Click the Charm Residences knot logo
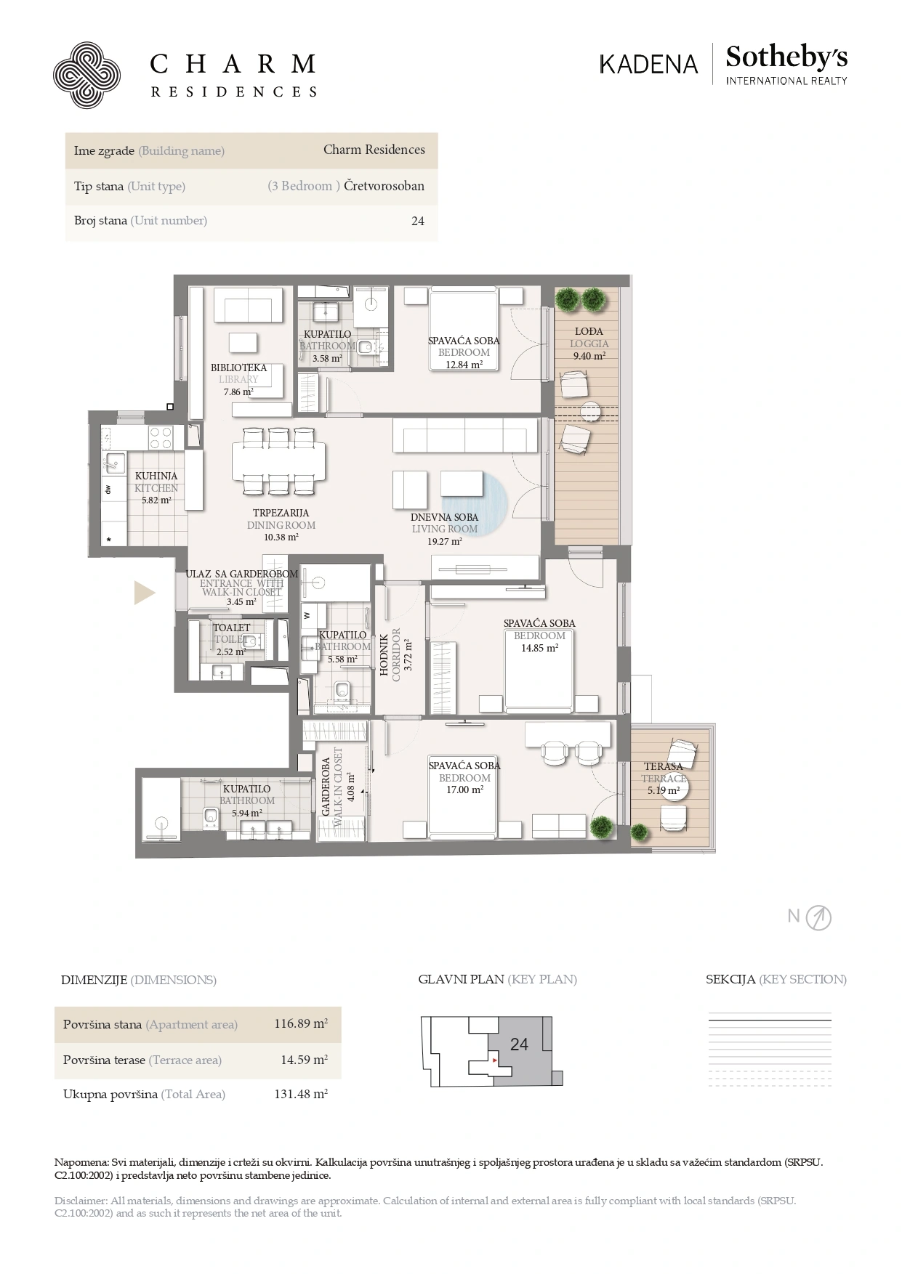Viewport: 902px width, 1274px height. [x=86, y=76]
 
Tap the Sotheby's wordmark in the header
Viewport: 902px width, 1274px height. [x=786, y=57]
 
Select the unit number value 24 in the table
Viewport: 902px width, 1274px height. [x=418, y=222]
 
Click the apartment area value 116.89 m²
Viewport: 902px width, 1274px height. [x=301, y=1024]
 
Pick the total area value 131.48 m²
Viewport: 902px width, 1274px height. [x=301, y=1094]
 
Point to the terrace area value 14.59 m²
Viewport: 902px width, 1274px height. [x=304, y=1060]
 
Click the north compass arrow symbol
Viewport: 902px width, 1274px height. [x=819, y=918]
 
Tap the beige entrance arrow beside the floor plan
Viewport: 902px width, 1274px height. [x=145, y=593]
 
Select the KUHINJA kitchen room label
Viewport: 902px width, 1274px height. [x=156, y=476]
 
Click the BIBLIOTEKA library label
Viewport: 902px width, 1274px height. [x=238, y=368]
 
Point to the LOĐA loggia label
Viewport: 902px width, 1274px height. [x=589, y=331]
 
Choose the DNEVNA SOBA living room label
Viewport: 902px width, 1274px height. [x=444, y=517]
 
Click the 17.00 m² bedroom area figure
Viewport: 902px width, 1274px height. [x=464, y=790]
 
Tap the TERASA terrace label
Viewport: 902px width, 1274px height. [x=663, y=766]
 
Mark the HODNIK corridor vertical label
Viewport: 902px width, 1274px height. [x=384, y=656]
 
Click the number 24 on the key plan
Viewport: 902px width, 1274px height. [x=519, y=1044]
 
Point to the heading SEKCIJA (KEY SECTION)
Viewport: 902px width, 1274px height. [x=776, y=979]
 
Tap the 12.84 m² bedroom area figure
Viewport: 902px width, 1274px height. [x=464, y=365]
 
